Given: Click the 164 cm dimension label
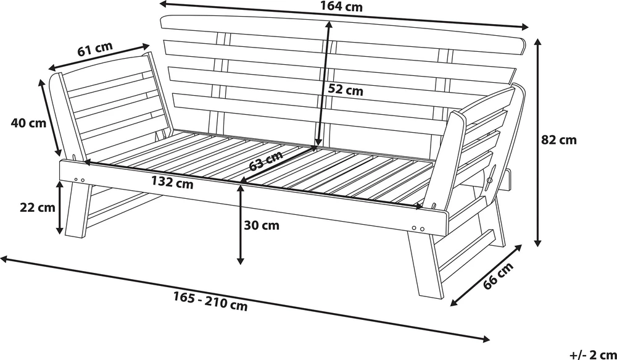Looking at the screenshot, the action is pos(341,7).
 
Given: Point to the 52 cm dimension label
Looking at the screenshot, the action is pos(346,90).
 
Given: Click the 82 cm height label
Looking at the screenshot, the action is pos(559,140).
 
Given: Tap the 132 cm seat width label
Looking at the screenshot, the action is pos(172,183).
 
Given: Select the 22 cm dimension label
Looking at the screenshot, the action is pos(38,207).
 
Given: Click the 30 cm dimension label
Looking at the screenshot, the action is pos(262,225).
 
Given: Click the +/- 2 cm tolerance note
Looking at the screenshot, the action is pos(592,354).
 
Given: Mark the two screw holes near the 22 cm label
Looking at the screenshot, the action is pos(79,180).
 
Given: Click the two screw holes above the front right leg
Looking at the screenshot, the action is pos(418,228).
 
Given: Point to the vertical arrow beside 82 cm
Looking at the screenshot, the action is pos(538,143).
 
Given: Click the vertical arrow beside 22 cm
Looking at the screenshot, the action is pos(59,207).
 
